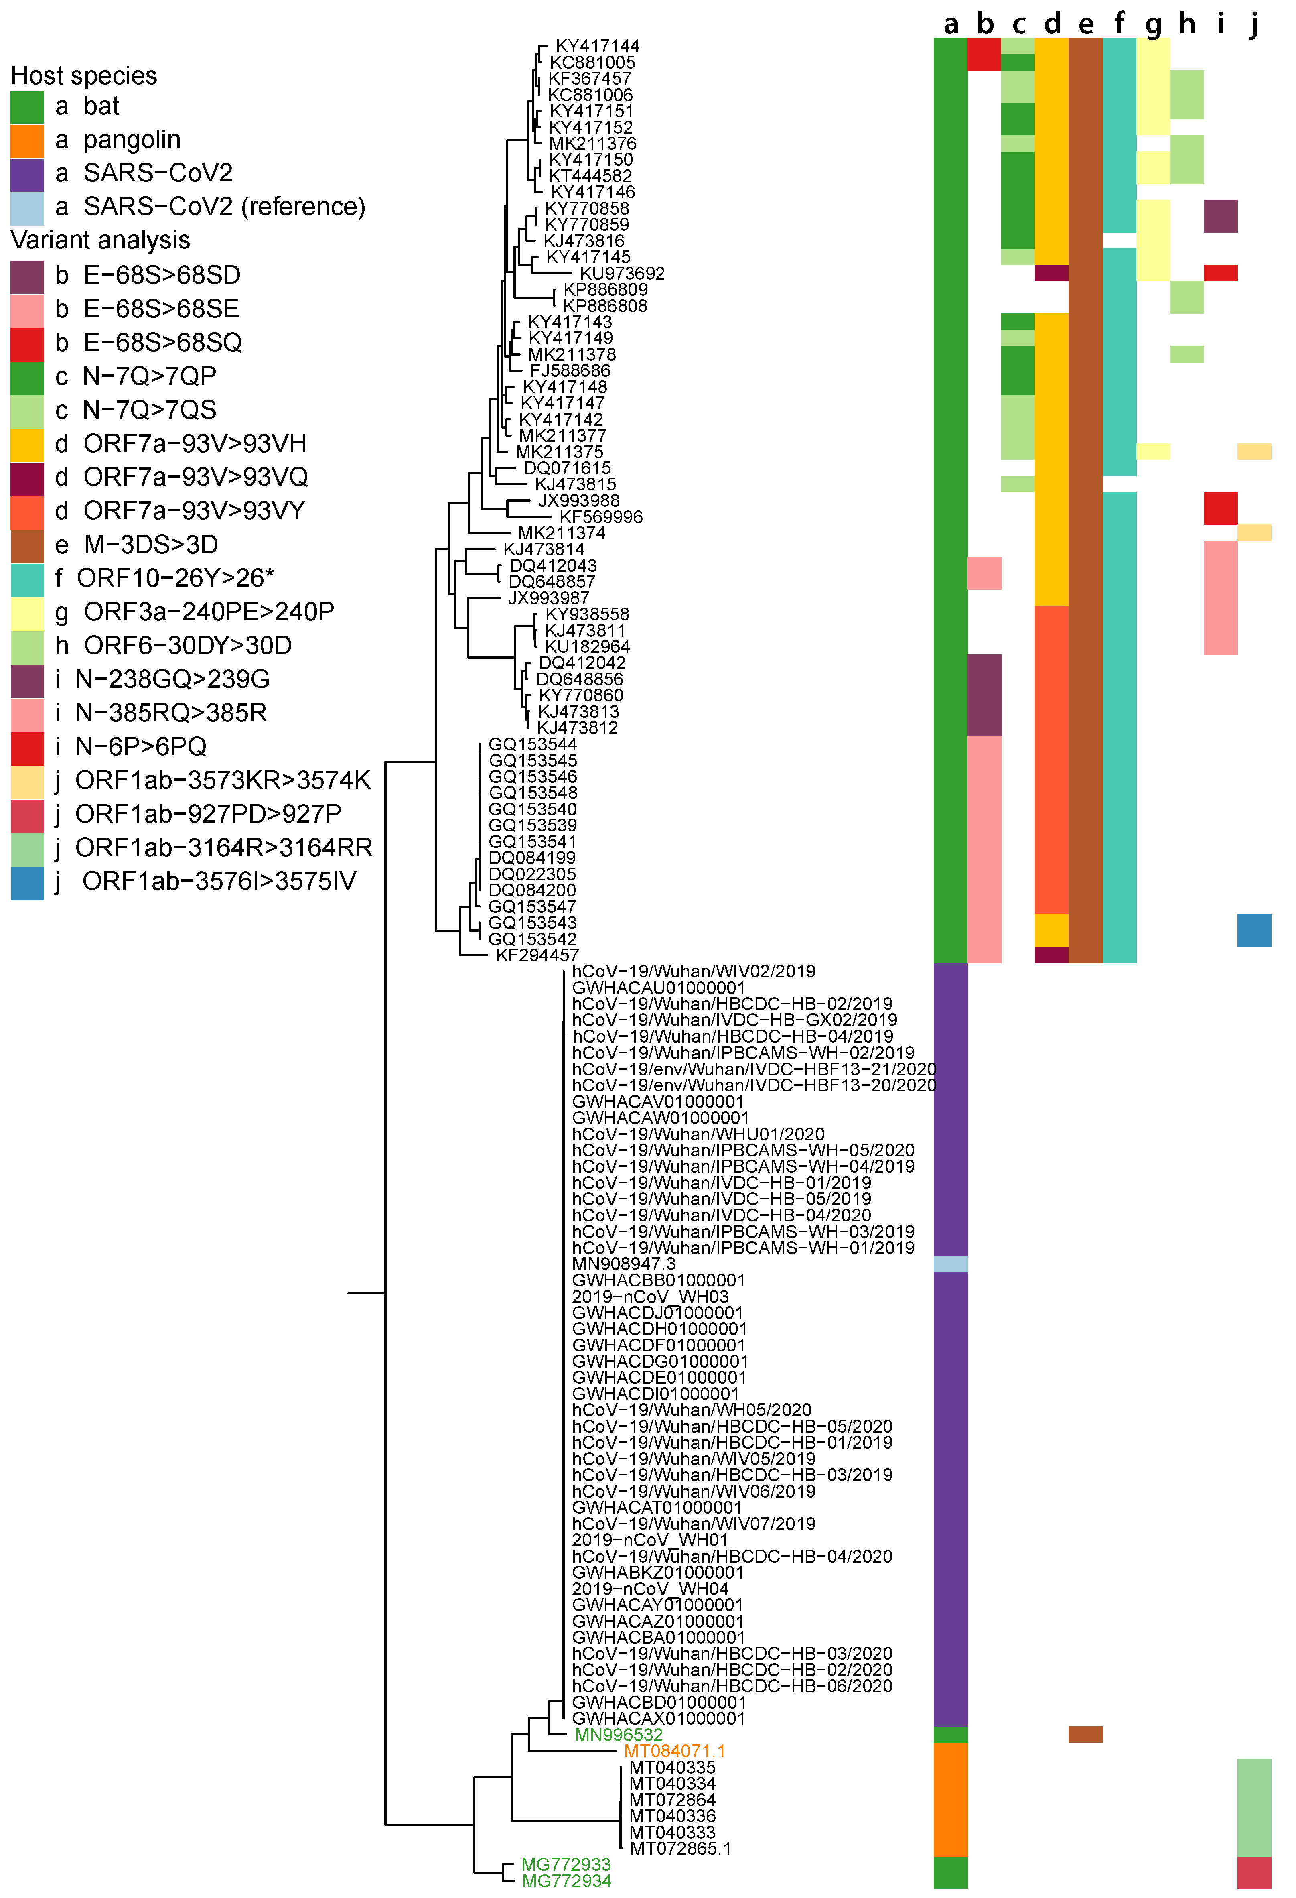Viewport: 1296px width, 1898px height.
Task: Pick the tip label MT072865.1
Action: click(x=679, y=1848)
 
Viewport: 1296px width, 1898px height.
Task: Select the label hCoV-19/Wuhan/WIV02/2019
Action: click(x=693, y=971)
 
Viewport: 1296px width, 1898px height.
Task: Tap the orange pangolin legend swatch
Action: click(x=27, y=140)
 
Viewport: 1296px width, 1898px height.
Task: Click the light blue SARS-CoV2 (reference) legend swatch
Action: click(x=27, y=207)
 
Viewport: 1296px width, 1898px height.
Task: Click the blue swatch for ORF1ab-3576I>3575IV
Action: click(x=27, y=883)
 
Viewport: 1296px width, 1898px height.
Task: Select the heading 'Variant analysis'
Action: click(x=99, y=240)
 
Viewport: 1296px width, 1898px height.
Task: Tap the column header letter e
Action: click(x=1085, y=24)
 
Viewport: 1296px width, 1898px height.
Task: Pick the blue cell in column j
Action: click(x=1253, y=930)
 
